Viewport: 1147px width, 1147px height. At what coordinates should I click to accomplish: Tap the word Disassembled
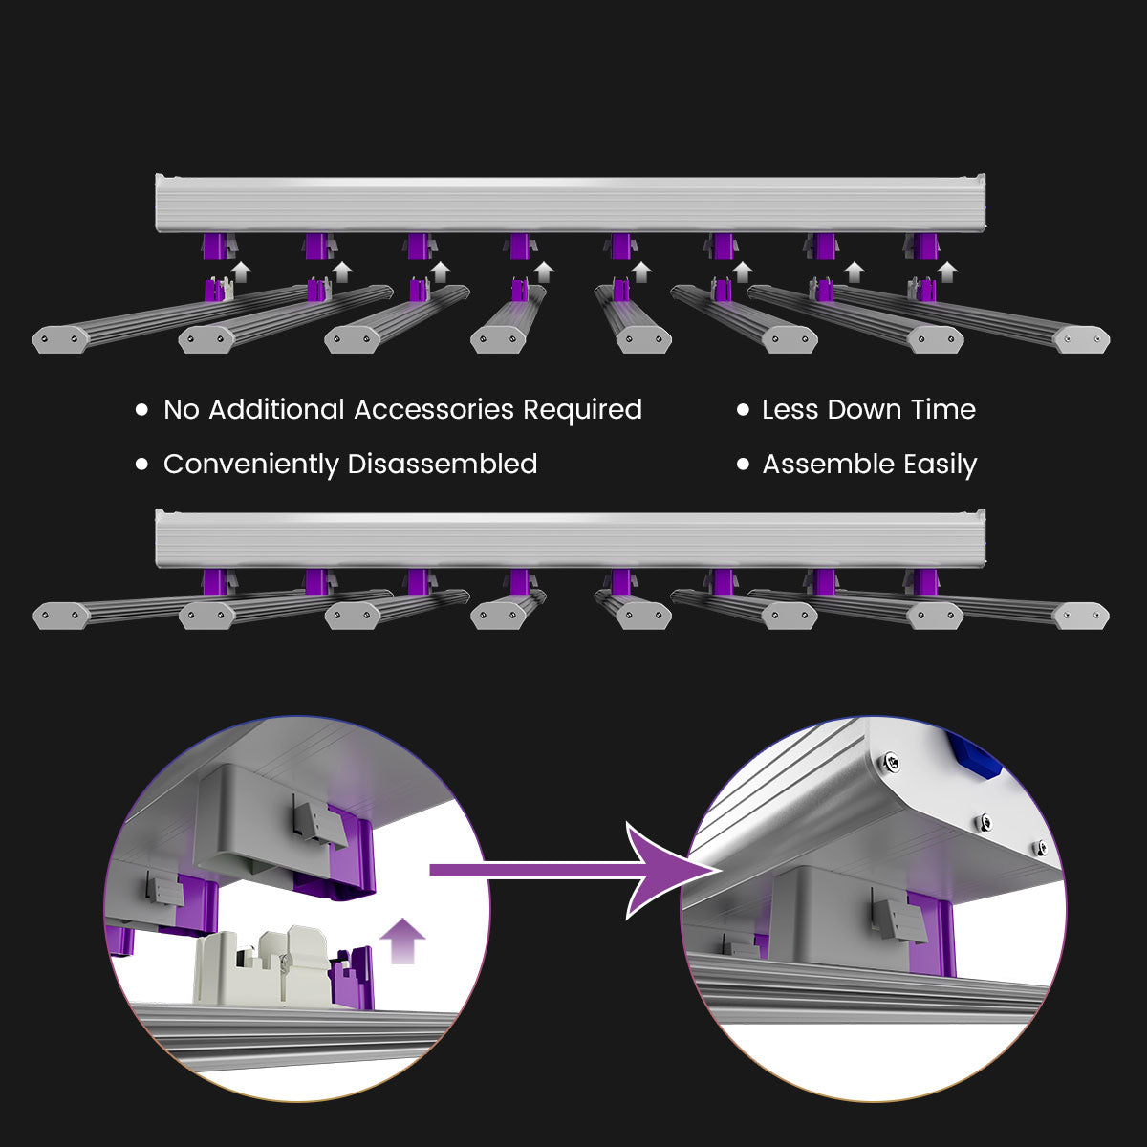442,465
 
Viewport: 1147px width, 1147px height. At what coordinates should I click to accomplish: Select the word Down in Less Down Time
865,410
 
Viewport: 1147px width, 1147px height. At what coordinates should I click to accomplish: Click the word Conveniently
251,465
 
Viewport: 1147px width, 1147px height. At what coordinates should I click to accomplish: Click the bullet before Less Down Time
743,410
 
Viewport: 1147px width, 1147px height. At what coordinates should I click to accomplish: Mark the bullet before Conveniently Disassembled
142,465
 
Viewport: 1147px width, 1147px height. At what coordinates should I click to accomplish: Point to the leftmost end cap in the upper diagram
60,338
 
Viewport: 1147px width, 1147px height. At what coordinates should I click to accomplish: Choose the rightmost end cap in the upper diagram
1082,338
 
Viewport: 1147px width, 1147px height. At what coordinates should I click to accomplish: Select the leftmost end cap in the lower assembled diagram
60,616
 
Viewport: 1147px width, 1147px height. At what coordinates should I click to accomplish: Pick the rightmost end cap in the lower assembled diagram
1082,616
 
